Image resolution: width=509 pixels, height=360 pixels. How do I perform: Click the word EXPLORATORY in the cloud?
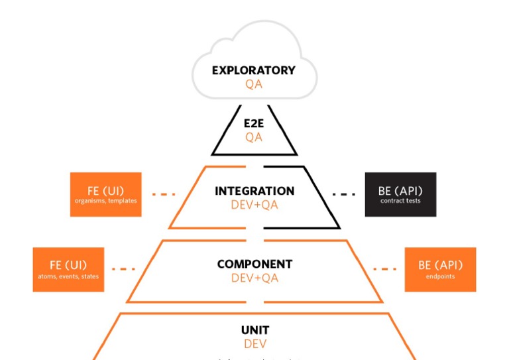coord(254,70)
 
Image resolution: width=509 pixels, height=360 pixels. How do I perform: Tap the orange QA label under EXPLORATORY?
coord(254,84)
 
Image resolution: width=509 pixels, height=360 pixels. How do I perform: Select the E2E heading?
coord(254,123)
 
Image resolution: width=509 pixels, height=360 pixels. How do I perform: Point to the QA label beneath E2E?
coord(254,137)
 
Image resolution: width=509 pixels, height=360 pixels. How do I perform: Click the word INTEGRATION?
coord(254,191)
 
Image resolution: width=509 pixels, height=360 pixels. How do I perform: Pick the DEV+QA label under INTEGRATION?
coord(254,205)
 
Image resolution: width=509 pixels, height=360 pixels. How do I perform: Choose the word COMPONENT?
coord(254,264)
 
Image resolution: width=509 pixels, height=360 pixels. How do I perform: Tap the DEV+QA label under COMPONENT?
coord(254,278)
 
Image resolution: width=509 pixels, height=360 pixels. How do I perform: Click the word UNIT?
coord(255,330)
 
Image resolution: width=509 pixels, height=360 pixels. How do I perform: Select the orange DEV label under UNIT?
coord(255,344)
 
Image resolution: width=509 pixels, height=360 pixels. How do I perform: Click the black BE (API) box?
coord(400,194)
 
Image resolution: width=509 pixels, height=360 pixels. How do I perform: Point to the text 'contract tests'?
coord(400,201)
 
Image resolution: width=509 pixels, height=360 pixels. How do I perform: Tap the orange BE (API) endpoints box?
coord(440,269)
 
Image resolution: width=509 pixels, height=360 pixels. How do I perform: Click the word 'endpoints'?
coord(440,276)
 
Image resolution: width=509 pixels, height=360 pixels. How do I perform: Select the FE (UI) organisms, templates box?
coord(106,194)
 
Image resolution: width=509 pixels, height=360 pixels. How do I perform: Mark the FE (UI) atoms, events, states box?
coord(68,269)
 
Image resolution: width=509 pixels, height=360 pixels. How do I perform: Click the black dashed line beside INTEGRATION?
coord(343,194)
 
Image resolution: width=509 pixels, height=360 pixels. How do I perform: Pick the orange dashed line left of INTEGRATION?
coord(164,194)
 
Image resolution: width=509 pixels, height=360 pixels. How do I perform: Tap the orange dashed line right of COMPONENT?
coord(384,269)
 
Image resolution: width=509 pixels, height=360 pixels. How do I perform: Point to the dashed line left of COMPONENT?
coord(123,269)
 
